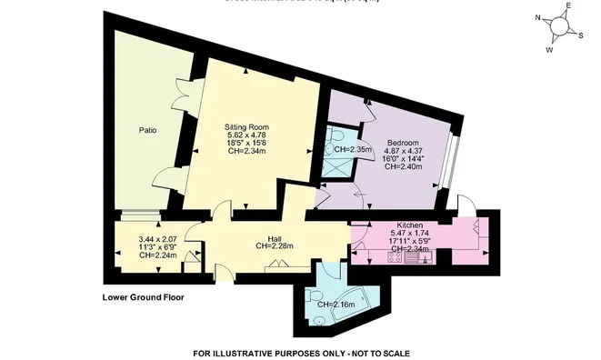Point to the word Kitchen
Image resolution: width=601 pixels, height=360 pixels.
tap(410, 225)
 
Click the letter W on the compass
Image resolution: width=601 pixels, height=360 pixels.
tap(548, 49)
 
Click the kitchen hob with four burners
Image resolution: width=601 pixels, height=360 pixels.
tap(396, 258)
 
